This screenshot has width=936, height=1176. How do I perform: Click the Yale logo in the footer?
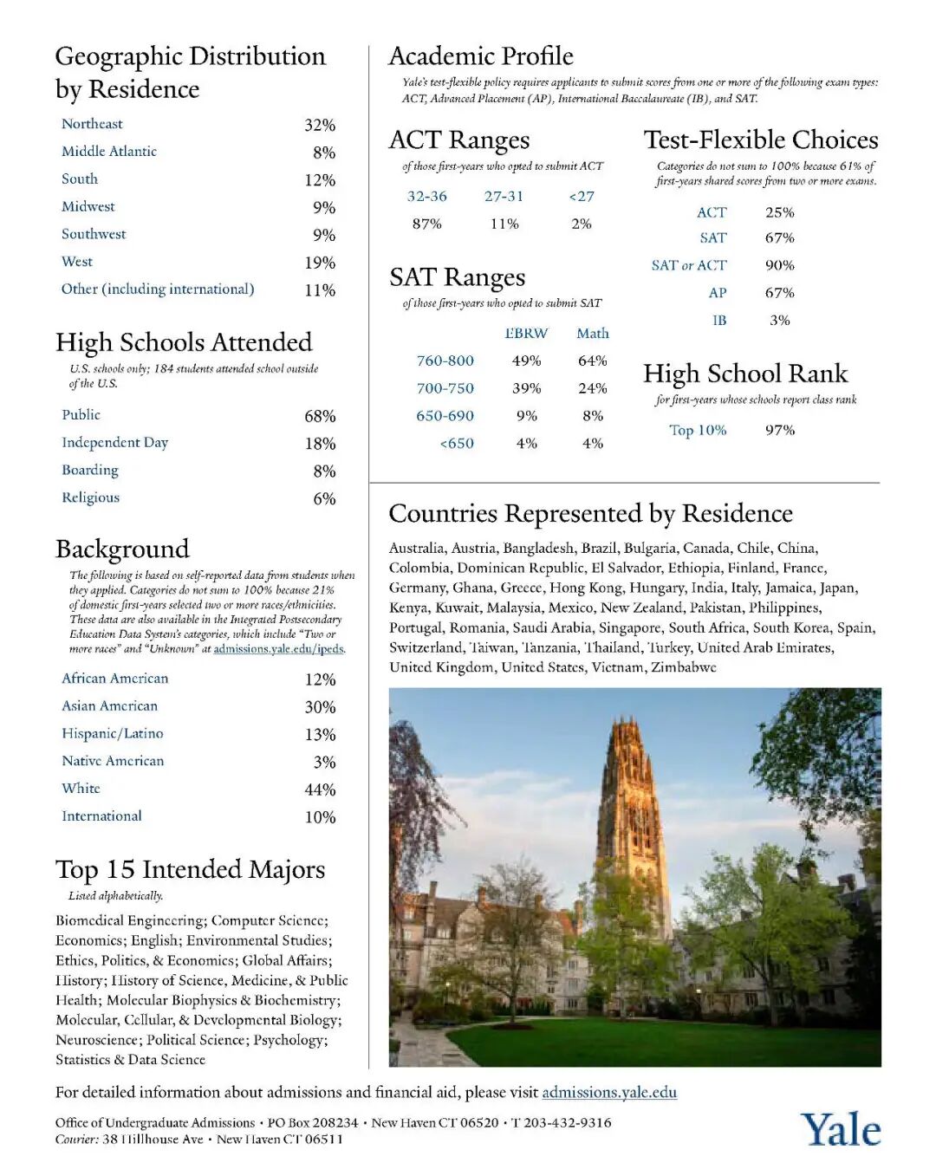pyautogui.click(x=840, y=1129)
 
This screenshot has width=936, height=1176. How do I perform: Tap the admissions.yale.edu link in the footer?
pyautogui.click(x=609, y=1092)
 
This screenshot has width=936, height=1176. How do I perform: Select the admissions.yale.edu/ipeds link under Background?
pyautogui.click(x=278, y=648)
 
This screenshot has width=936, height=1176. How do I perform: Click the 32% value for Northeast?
pyautogui.click(x=320, y=125)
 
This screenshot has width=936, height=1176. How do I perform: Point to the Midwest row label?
pyautogui.click(x=88, y=206)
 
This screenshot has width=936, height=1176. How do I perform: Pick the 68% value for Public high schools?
pyautogui.click(x=320, y=416)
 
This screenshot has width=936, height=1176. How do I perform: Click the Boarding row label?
pyautogui.click(x=90, y=470)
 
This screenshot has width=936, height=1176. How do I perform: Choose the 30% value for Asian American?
pyautogui.click(x=320, y=707)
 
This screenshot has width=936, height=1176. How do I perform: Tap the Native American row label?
pyautogui.click(x=113, y=761)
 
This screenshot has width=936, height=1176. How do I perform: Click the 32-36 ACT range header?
pyautogui.click(x=427, y=196)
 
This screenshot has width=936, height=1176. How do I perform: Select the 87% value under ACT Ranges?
pyautogui.click(x=427, y=224)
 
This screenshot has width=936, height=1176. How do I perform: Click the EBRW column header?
pyautogui.click(x=526, y=333)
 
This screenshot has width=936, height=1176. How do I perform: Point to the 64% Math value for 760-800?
pyautogui.click(x=593, y=361)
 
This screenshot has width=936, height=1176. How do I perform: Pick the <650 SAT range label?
pyautogui.click(x=457, y=443)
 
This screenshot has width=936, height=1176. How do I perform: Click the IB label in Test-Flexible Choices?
pyautogui.click(x=719, y=320)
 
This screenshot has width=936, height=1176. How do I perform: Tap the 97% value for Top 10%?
pyautogui.click(x=780, y=430)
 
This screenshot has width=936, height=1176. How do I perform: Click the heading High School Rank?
pyautogui.click(x=745, y=374)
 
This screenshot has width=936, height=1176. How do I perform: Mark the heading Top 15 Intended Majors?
pyautogui.click(x=191, y=869)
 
